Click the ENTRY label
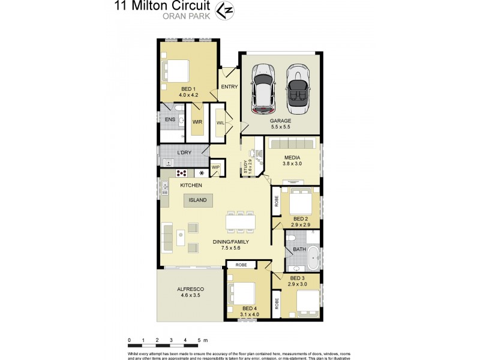[x=229, y=86]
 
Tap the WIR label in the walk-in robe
[x=197, y=122]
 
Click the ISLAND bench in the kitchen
[x=197, y=200]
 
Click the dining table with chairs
[x=240, y=222]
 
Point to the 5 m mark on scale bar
[x=199, y=340]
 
